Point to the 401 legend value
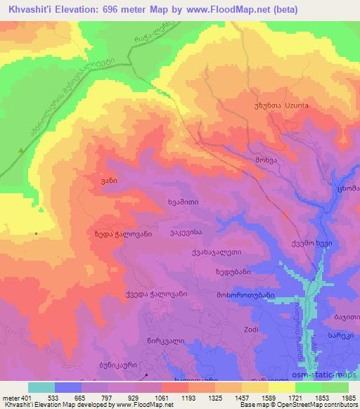25,397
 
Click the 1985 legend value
347,397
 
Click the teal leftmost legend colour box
41,387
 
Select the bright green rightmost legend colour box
335,387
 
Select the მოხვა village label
265,160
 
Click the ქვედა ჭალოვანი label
155,294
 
